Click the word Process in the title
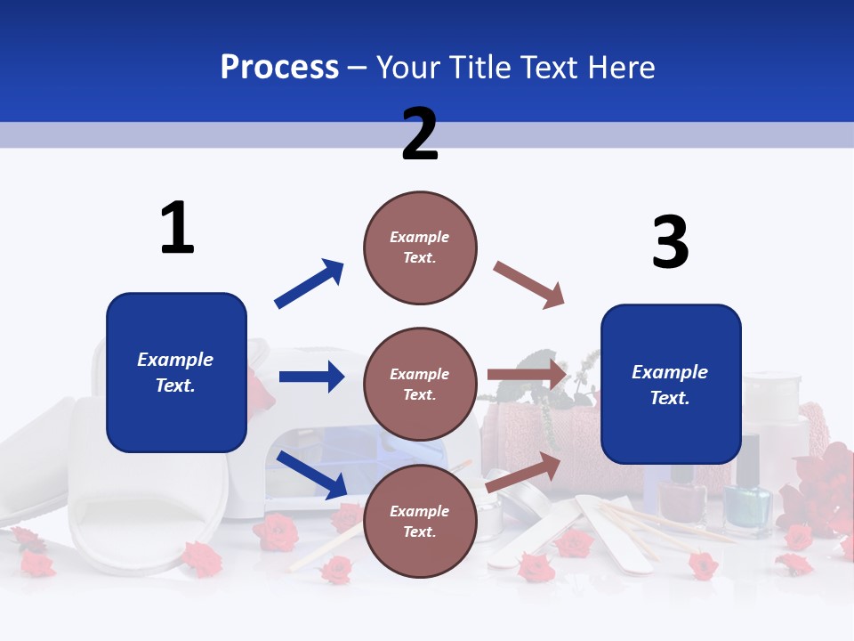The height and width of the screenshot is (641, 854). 279,68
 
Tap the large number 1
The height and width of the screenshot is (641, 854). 177,229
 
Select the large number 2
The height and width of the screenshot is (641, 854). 420,134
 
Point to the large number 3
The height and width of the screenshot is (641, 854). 670,241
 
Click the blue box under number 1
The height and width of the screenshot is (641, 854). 176,372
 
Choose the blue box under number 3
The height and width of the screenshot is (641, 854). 671,384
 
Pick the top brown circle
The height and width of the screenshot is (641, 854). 420,247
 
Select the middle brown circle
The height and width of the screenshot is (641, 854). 420,384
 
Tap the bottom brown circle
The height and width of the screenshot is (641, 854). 420,521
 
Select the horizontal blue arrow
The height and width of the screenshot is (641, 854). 311,377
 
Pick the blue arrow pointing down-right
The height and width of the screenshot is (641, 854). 312,475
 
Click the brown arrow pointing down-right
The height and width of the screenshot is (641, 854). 529,285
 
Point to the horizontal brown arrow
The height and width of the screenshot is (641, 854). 527,375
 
